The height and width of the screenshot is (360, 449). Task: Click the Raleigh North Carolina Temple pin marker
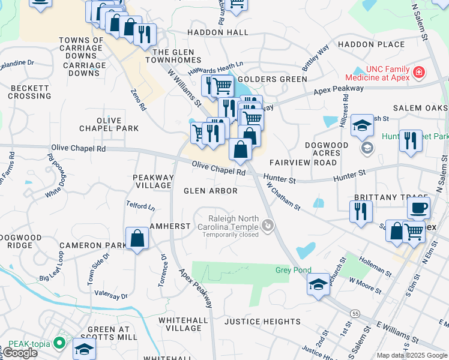[x=268, y=226]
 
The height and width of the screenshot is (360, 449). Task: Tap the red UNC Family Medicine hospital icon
[x=418, y=74]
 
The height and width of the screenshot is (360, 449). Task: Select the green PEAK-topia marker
[x=59, y=343]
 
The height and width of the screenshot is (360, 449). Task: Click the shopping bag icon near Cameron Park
[x=137, y=239]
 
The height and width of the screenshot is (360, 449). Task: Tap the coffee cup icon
[x=418, y=208]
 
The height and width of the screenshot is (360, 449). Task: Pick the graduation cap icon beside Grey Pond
[x=318, y=284]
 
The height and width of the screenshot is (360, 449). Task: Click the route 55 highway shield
[x=356, y=313]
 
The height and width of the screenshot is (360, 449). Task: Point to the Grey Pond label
[x=292, y=270]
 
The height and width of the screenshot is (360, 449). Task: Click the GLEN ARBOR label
[x=210, y=191]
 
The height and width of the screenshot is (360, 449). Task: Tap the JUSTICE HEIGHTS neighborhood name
[x=262, y=322]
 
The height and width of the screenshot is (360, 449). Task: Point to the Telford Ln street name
[x=140, y=206]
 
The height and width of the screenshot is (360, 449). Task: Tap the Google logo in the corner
[x=19, y=353]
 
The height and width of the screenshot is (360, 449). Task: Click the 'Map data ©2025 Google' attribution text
[x=411, y=355]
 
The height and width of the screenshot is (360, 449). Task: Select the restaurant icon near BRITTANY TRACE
[x=360, y=212]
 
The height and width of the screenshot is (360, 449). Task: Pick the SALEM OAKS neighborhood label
[x=420, y=107]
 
